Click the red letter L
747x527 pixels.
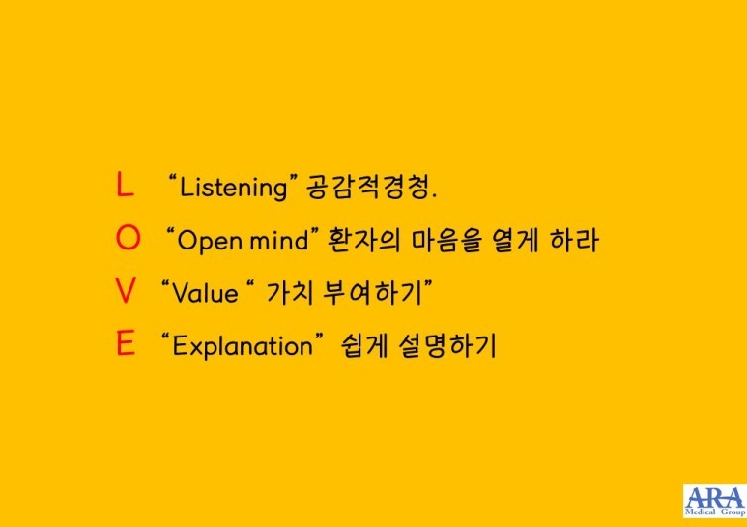125,185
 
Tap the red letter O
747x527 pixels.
129,238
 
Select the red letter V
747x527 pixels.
126,291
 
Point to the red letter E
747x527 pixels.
126,343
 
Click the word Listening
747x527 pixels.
234,188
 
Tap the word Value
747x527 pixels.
205,292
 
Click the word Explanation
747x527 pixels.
242,346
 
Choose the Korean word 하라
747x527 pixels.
574,240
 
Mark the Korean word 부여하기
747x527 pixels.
373,292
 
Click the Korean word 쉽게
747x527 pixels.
364,345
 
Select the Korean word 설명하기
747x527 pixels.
446,345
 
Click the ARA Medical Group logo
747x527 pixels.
714,501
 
